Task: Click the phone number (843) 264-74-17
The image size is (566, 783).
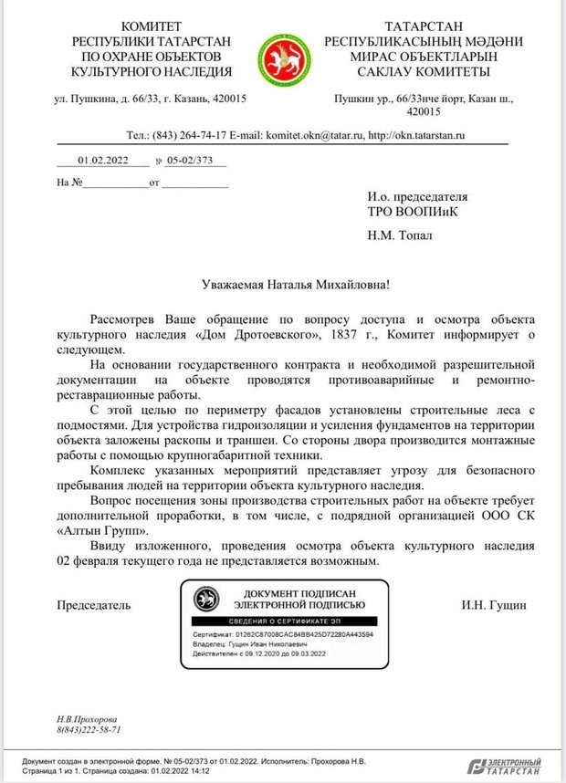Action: tap(189, 135)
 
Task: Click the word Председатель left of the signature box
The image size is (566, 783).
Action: tap(94, 604)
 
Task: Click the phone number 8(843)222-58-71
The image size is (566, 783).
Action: tap(89, 730)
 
